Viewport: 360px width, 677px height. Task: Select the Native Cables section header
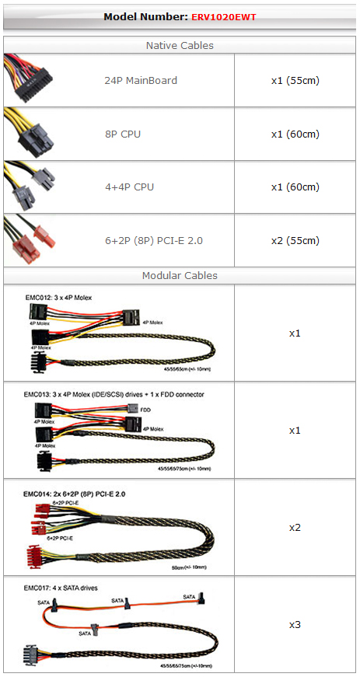[180, 45]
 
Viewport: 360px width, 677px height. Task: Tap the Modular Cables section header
[180, 275]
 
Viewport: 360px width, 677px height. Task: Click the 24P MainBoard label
[141, 80]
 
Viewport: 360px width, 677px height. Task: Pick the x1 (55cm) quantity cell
[295, 80]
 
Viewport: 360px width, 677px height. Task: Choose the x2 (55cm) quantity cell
[295, 240]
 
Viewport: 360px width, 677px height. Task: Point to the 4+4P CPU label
[130, 187]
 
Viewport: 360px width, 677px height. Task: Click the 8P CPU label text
[123, 134]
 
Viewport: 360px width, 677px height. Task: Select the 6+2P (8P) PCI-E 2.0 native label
[154, 240]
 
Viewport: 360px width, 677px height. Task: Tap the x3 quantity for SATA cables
[295, 625]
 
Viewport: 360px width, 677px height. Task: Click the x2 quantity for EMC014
[295, 528]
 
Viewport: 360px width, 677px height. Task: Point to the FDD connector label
[145, 409]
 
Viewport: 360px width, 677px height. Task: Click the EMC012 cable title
[59, 297]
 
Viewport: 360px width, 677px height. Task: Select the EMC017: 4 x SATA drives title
[61, 588]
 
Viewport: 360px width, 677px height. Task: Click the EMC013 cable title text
[114, 394]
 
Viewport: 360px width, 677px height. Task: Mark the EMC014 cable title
[74, 494]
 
